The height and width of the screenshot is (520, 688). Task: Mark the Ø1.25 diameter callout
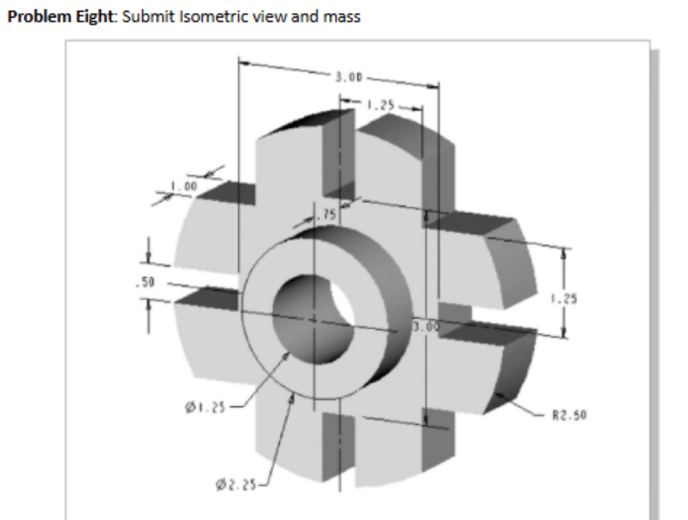[x=203, y=407]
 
